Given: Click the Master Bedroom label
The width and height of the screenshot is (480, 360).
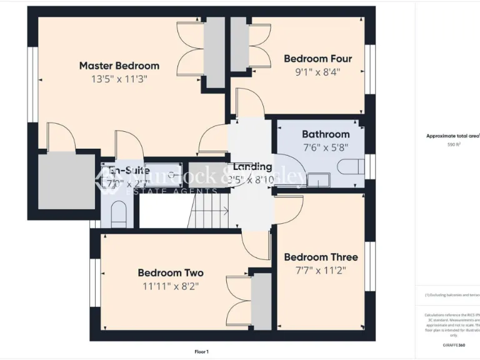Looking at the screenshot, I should tap(119, 66).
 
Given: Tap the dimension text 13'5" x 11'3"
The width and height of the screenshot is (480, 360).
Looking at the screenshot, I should tap(119, 79).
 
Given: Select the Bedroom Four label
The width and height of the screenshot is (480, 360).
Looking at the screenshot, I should tap(317, 59).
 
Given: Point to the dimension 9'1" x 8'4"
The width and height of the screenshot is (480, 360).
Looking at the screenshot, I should tap(317, 72).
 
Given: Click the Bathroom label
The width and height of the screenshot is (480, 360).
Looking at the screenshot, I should tap(326, 134).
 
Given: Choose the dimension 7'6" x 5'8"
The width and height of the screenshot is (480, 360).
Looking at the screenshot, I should tap(326, 147).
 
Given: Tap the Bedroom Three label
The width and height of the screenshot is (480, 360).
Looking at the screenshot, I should tap(321, 257).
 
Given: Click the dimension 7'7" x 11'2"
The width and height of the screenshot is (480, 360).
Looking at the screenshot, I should tap(321, 270).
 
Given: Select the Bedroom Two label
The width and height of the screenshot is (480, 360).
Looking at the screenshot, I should tap(171, 273).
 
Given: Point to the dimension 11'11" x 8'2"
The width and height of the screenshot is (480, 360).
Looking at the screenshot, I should tap(171, 286).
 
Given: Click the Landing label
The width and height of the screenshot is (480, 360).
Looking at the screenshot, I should tap(252, 167).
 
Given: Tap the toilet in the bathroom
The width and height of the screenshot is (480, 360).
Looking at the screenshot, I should tap(350, 166).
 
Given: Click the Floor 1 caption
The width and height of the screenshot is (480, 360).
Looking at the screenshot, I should tap(201, 352).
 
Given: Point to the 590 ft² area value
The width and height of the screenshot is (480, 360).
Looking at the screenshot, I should tap(453, 144).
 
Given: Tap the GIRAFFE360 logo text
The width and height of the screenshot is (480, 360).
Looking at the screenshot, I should tap(453, 345).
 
